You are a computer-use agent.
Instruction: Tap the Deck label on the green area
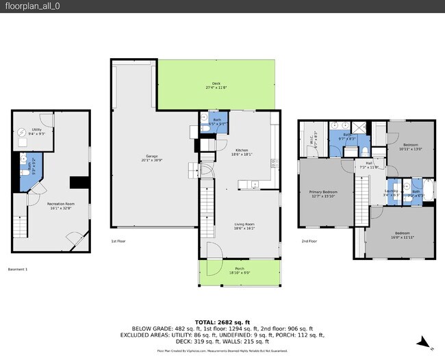click(x=216, y=85)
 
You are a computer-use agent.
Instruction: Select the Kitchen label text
click(x=242, y=152)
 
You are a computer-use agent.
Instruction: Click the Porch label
click(x=240, y=270)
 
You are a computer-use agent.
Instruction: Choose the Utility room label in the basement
click(x=37, y=131)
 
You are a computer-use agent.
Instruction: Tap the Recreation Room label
click(x=61, y=206)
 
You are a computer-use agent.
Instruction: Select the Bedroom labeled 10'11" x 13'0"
click(x=411, y=146)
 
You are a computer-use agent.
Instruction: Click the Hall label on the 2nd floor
click(x=369, y=165)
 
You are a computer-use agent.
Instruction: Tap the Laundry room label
click(x=392, y=193)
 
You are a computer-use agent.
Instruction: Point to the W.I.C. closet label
click(x=313, y=139)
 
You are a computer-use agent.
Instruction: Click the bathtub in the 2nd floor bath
click(x=429, y=188)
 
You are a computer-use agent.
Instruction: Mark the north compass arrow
click(x=424, y=342)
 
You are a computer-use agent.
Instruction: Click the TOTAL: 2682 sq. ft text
click(x=222, y=321)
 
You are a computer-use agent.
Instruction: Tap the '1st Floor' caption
click(x=118, y=242)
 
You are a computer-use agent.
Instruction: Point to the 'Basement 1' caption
click(x=17, y=269)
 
